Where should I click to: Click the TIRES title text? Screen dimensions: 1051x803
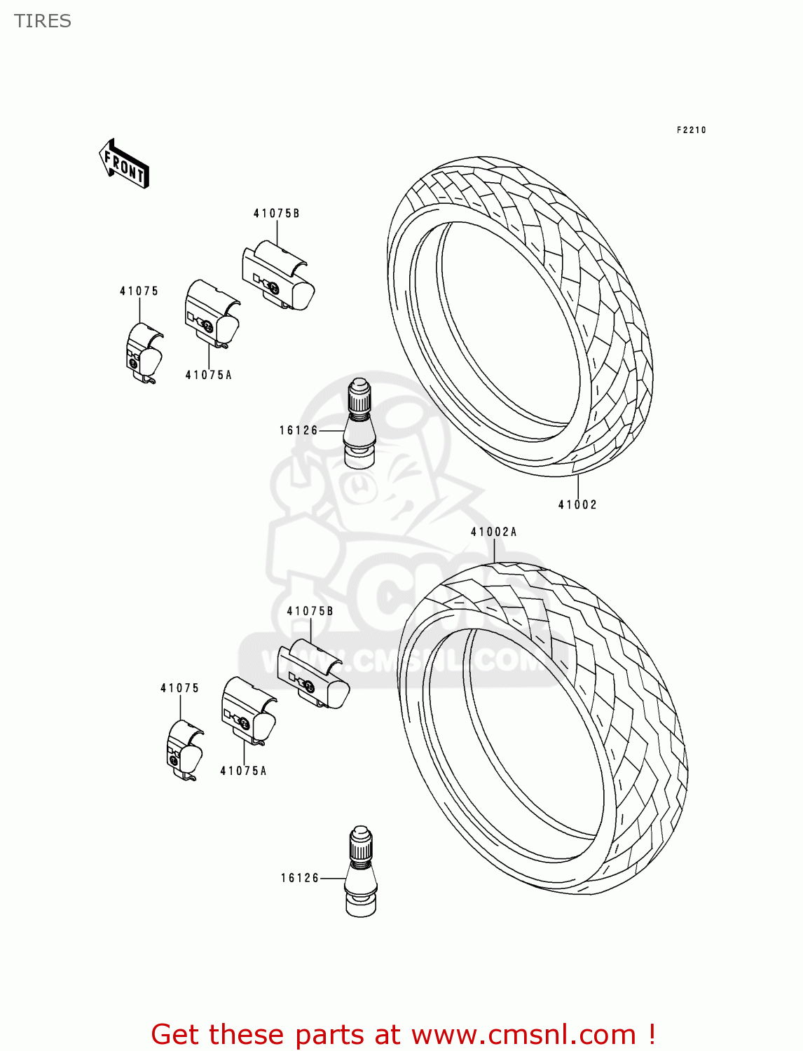coord(43,21)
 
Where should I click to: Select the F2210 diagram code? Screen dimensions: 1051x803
coord(691,130)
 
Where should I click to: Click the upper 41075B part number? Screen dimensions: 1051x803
coord(276,214)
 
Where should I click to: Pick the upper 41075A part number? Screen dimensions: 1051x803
coord(208,376)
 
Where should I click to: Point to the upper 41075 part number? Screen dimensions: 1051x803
coord(139,291)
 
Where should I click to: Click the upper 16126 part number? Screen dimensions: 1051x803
coord(298,431)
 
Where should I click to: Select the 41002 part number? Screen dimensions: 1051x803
coord(577,504)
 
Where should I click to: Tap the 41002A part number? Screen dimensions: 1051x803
coord(493,533)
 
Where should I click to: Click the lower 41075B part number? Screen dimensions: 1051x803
coord(310,612)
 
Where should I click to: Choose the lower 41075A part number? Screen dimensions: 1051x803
coord(243,771)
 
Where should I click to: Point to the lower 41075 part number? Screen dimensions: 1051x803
coord(179,689)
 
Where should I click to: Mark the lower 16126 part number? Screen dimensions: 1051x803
coord(300,879)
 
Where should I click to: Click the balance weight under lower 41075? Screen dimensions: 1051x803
coord(184,750)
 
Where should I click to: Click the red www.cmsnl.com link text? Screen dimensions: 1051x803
coord(523,1035)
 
